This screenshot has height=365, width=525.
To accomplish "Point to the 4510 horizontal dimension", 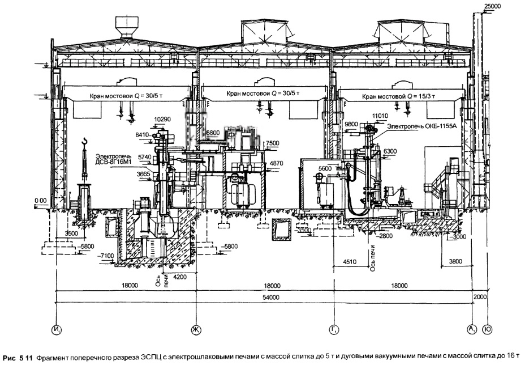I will tap(351, 262).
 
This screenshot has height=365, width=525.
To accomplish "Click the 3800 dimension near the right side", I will tap(455, 262).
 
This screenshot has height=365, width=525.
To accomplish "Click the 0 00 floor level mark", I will tap(40, 201).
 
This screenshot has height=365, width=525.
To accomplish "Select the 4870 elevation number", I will tap(276, 163).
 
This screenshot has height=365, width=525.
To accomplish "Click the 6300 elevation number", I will tap(390, 152).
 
